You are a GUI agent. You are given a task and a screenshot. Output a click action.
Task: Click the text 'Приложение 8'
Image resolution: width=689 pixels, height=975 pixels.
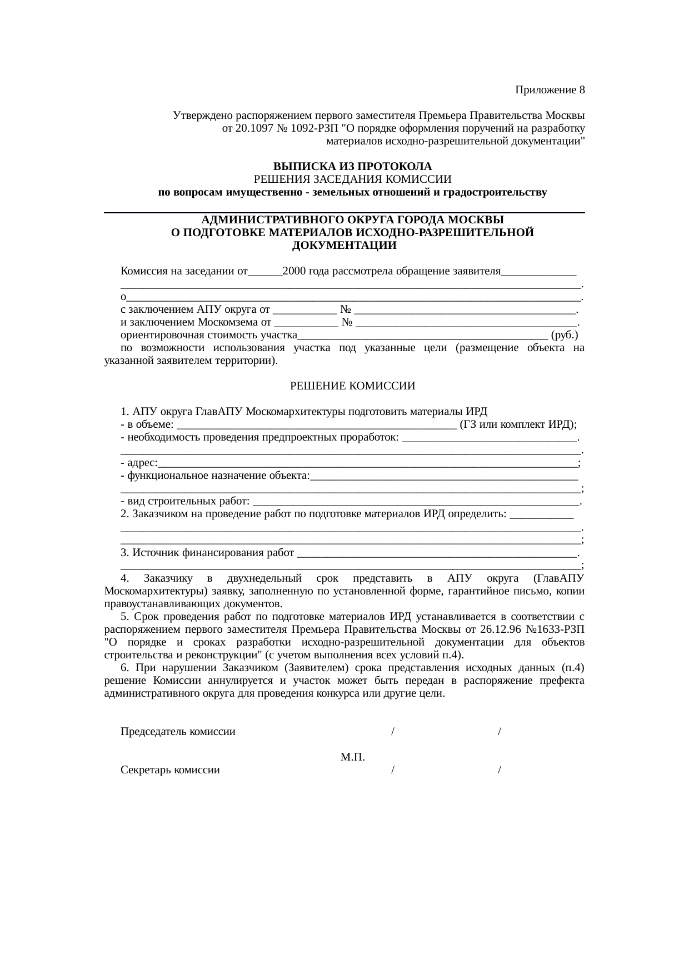(550, 90)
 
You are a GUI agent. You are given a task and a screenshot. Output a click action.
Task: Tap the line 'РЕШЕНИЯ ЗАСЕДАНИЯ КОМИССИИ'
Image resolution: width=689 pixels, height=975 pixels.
(352, 179)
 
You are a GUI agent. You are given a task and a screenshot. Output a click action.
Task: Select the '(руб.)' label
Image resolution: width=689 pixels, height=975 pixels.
(566, 336)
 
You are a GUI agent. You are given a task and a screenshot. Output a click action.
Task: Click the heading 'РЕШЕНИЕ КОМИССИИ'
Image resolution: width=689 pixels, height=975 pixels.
(352, 386)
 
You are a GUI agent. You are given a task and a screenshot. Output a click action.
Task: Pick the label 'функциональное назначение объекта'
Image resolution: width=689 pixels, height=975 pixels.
(218, 476)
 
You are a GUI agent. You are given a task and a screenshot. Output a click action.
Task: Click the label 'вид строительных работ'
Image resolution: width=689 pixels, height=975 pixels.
(188, 502)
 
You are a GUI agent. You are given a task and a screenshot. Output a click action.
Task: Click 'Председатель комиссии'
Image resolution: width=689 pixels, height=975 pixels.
(178, 732)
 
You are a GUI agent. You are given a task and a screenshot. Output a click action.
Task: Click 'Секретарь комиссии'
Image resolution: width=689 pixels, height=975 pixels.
(170, 771)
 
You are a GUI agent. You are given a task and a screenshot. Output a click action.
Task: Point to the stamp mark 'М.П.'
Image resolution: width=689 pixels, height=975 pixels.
(352, 758)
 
